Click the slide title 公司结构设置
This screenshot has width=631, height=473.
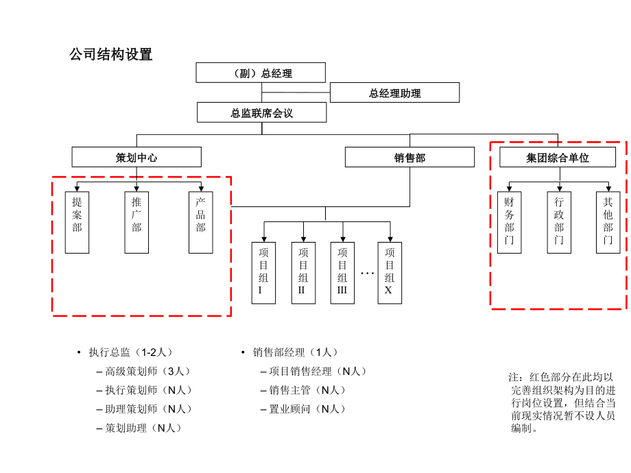(x=111, y=55)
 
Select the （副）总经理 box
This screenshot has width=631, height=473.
(x=261, y=73)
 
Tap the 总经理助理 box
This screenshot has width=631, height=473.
(x=394, y=93)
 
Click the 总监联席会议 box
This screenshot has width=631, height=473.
(x=261, y=112)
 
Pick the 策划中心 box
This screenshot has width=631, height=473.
(x=136, y=157)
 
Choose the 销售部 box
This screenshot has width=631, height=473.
(x=409, y=157)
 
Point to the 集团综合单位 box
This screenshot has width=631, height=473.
(x=557, y=157)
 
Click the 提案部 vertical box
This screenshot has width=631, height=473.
(x=77, y=222)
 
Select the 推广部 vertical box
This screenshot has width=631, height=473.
(x=136, y=222)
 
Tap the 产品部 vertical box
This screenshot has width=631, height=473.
(x=200, y=222)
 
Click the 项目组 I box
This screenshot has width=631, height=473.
(x=263, y=272)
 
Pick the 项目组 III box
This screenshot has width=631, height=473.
(x=342, y=272)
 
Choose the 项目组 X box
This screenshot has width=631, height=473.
(x=390, y=272)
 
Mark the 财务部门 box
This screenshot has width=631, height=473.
(x=509, y=222)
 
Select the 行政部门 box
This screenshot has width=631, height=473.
(x=559, y=222)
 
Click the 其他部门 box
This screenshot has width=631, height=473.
(x=608, y=222)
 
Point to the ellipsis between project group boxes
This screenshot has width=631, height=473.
(x=367, y=274)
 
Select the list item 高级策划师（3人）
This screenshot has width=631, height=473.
(x=147, y=372)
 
